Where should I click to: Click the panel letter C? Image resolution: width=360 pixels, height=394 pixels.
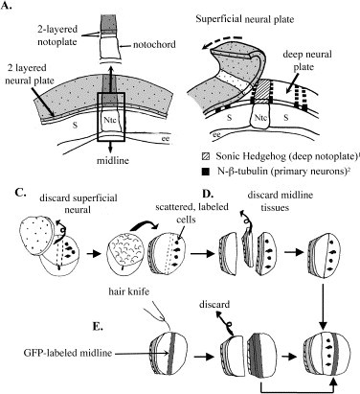20,193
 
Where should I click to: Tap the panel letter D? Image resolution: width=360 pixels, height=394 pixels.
207,193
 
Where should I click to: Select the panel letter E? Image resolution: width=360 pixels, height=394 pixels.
97,326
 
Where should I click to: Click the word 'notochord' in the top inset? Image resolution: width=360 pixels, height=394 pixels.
154,44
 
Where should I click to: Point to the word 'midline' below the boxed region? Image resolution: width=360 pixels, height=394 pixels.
113,160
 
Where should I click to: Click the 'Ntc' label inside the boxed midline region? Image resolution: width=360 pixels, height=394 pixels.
110,120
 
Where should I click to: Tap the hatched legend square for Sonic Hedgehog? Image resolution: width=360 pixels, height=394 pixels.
206,156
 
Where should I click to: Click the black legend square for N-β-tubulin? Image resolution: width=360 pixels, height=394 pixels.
206,172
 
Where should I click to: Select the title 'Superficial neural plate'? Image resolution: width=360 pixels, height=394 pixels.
245,19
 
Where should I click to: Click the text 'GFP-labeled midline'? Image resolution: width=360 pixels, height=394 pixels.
68,353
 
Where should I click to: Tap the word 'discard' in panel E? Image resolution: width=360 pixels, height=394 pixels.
214,304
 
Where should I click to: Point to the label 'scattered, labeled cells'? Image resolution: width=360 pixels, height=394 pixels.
191,213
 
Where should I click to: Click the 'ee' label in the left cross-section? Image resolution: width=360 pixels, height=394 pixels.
165,138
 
